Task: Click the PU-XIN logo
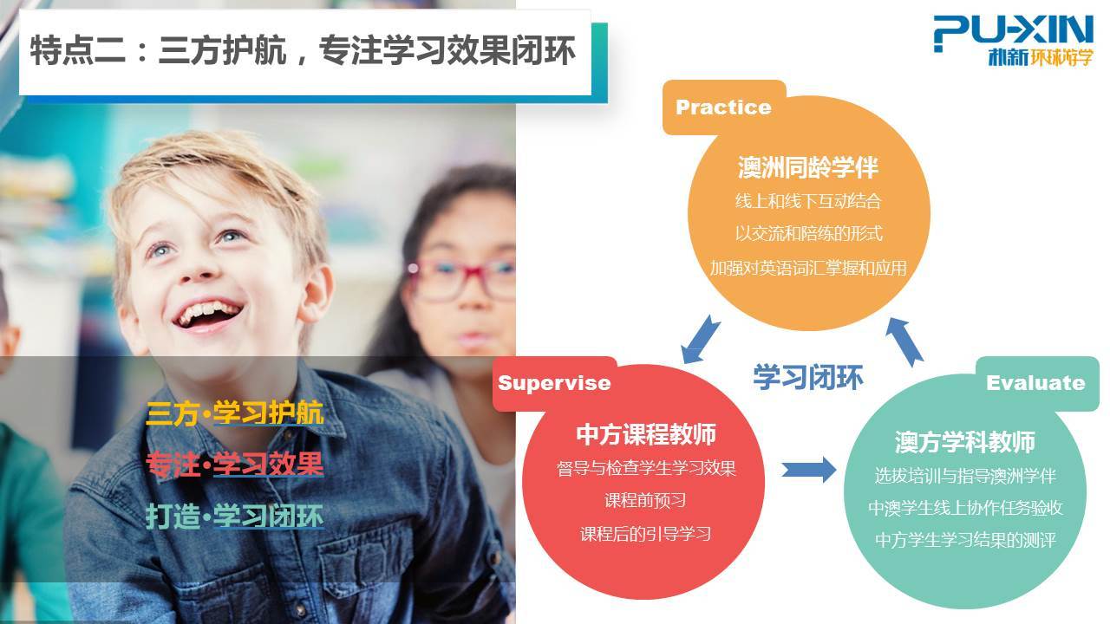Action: pyautogui.click(x=1013, y=41)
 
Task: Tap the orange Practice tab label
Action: pyautogui.click(x=723, y=107)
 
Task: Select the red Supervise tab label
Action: pyautogui.click(x=554, y=383)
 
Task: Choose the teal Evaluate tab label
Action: pyautogui.click(x=1035, y=383)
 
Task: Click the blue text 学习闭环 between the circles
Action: pyautogui.click(x=808, y=377)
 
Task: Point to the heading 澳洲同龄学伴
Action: pyautogui.click(x=808, y=167)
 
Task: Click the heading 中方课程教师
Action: pyautogui.click(x=646, y=434)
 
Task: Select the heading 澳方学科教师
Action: pyautogui.click(x=965, y=442)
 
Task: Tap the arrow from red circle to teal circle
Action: pyautogui.click(x=809, y=470)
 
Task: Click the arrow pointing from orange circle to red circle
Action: pyautogui.click(x=700, y=340)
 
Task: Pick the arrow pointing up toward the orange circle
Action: pyautogui.click(x=904, y=341)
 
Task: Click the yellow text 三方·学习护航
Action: pyautogui.click(x=235, y=413)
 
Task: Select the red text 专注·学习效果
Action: pyautogui.click(x=235, y=464)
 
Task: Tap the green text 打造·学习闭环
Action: pyautogui.click(x=235, y=516)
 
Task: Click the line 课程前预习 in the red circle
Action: pyautogui.click(x=645, y=500)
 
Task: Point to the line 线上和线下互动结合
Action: pyautogui.click(x=808, y=201)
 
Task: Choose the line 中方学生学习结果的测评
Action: pyautogui.click(x=965, y=539)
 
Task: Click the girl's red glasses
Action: pyautogui.click(x=461, y=278)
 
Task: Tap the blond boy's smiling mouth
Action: pyautogui.click(x=208, y=316)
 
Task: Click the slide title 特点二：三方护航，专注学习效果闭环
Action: pyautogui.click(x=303, y=50)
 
